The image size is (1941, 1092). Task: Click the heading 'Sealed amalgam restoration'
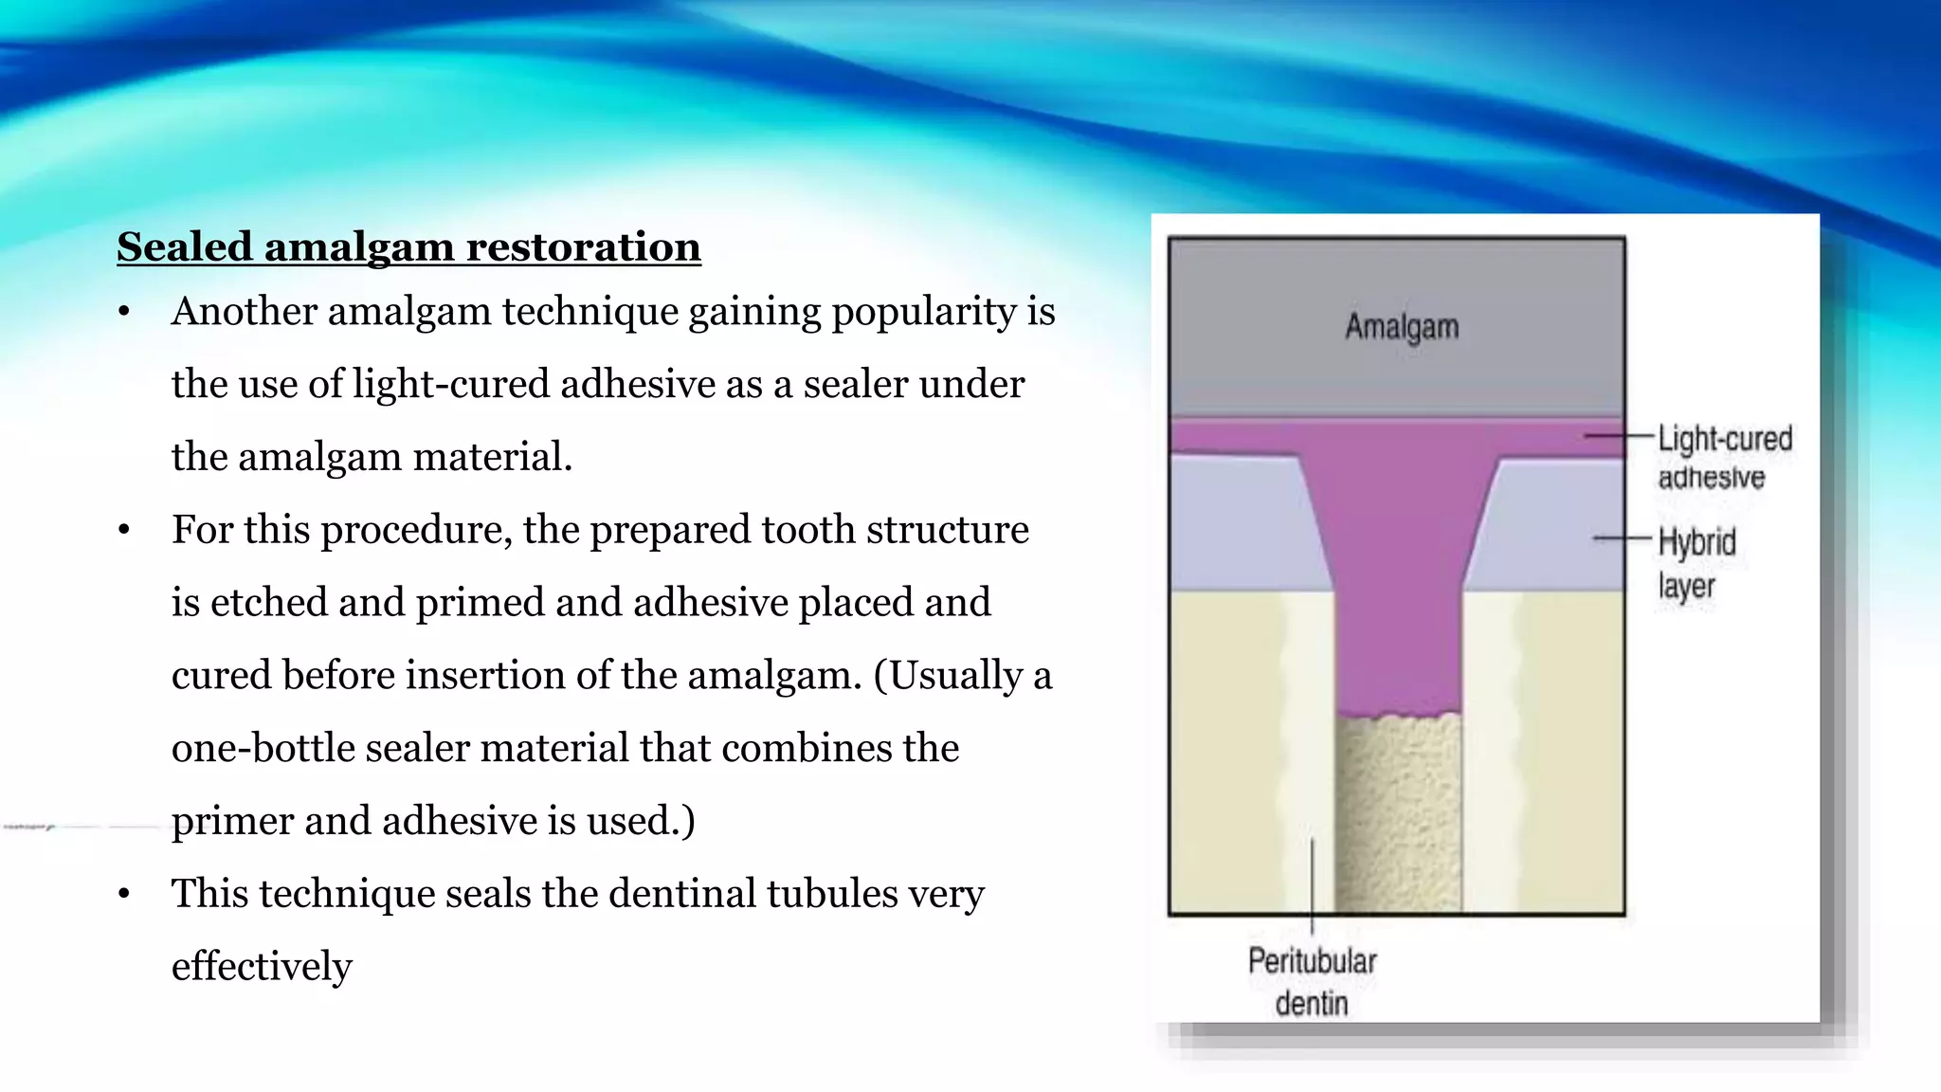point(408,246)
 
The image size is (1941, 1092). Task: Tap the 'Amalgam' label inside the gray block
point(1402,327)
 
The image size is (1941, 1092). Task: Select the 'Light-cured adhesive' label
point(1724,457)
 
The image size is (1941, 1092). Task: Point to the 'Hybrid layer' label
point(1696,563)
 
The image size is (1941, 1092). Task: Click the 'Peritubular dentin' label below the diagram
point(1312,981)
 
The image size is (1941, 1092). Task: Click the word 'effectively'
point(262,966)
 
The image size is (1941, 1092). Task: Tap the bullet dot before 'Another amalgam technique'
point(124,312)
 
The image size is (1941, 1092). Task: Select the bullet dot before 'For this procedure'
point(124,530)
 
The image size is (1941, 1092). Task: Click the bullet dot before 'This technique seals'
point(124,894)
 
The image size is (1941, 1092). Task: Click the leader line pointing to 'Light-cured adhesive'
point(1617,436)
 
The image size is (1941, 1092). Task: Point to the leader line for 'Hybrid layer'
point(1623,538)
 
